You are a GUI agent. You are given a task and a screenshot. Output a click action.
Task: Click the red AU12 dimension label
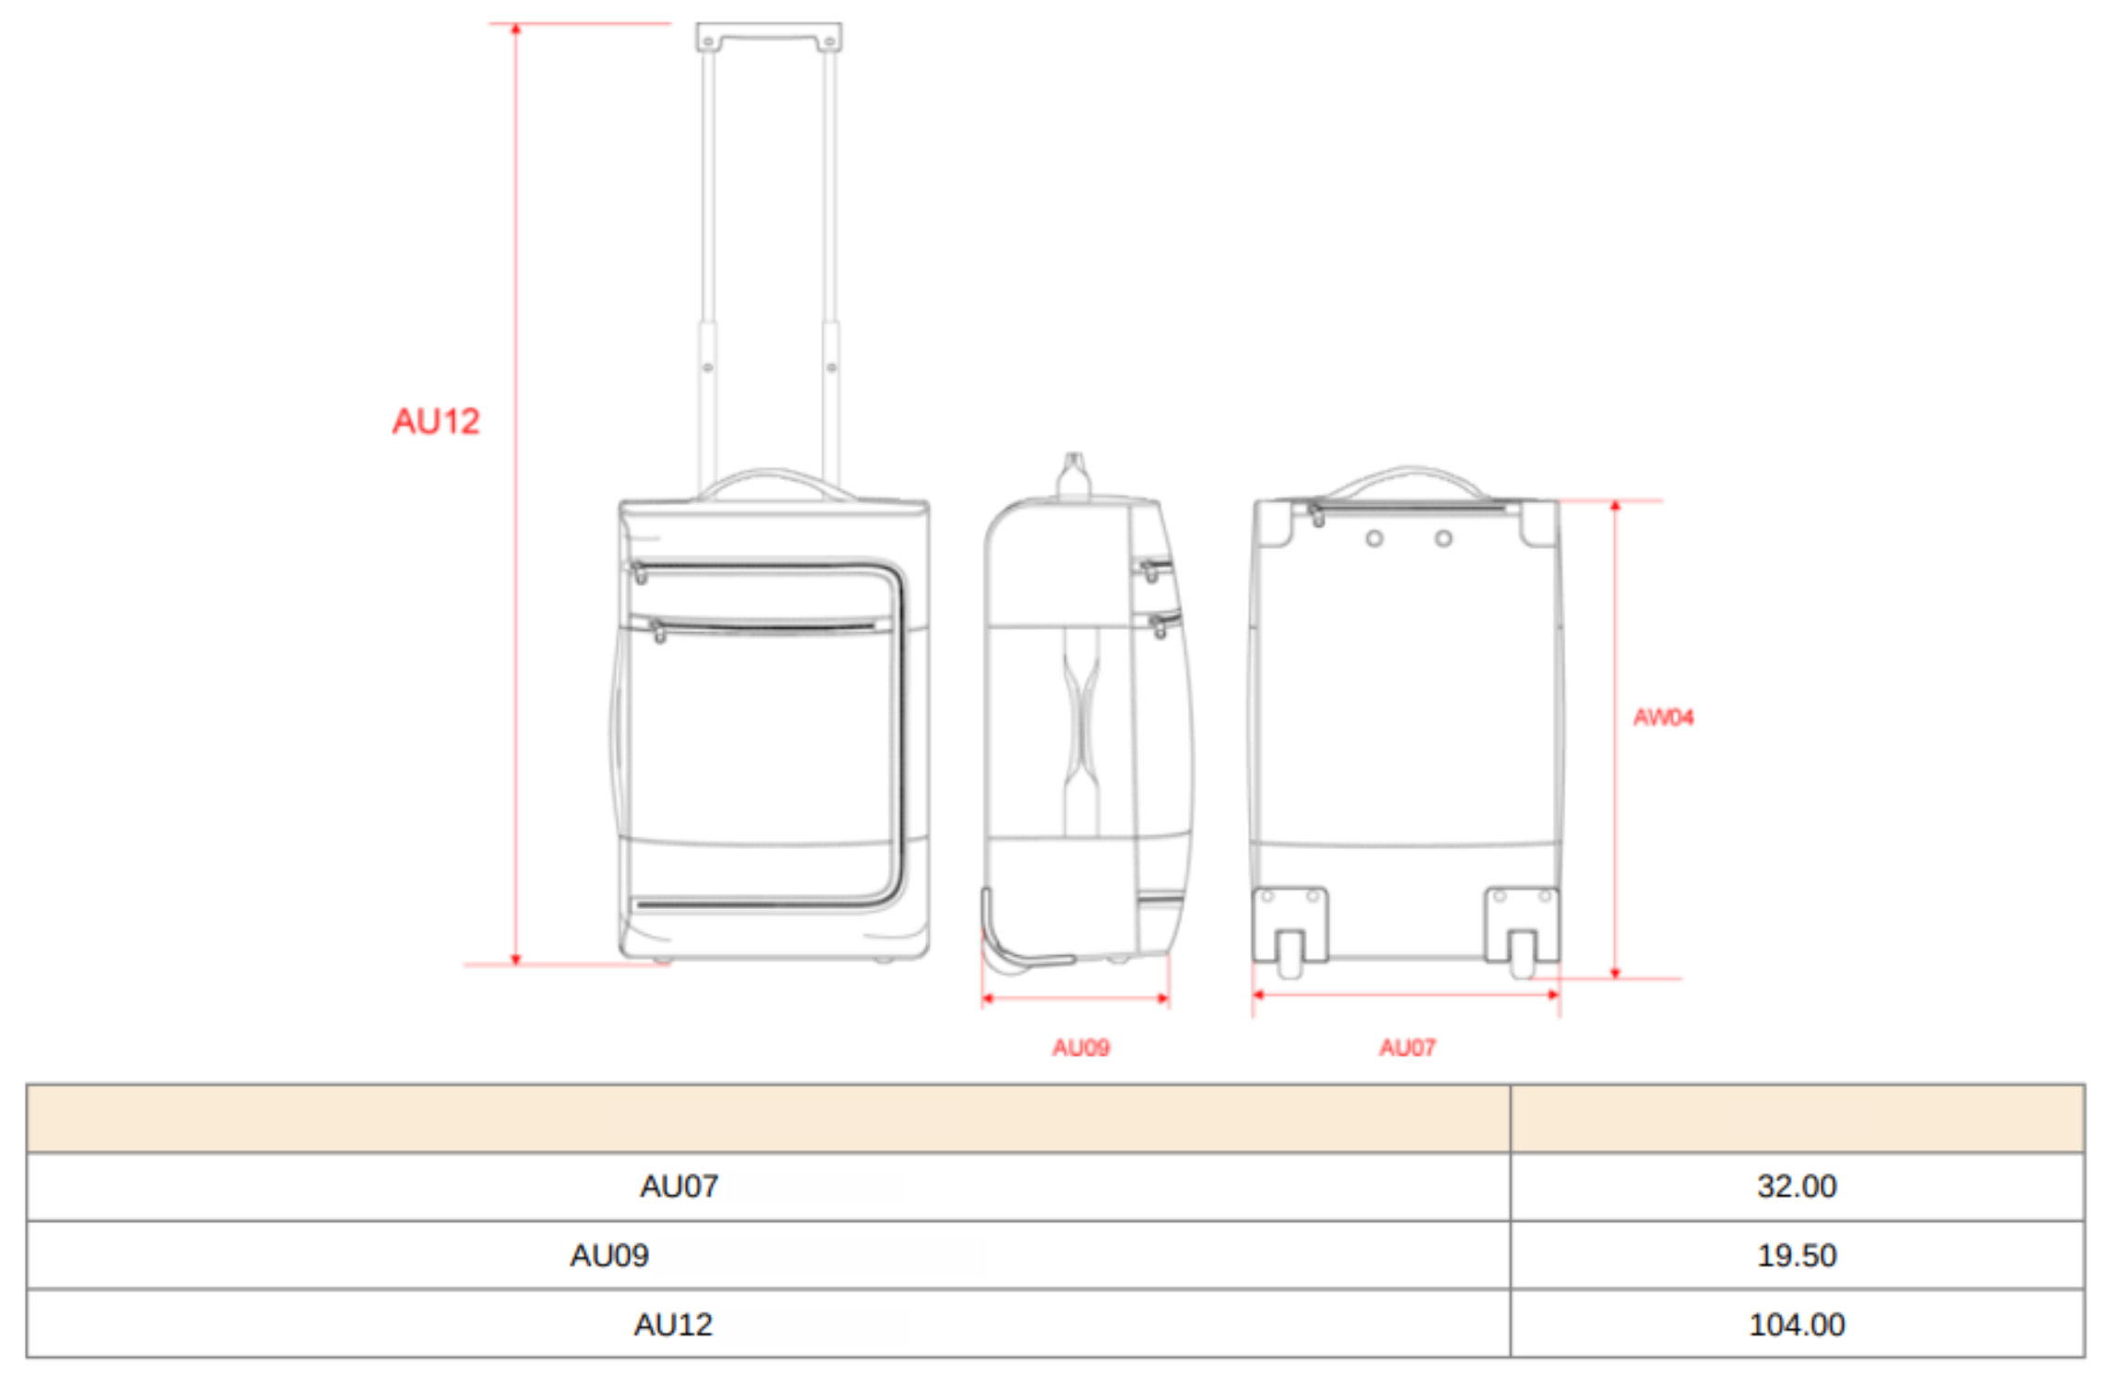click(436, 421)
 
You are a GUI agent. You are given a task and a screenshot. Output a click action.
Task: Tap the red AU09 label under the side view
click(1080, 1048)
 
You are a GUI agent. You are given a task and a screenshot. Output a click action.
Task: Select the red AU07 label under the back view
click(1407, 1048)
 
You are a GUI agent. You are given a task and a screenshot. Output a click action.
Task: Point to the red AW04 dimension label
click(1663, 717)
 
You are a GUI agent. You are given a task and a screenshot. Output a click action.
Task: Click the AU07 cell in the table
click(679, 1186)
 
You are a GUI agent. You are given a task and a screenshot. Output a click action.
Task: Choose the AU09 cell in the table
click(609, 1255)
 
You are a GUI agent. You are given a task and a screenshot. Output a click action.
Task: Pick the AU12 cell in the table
click(673, 1324)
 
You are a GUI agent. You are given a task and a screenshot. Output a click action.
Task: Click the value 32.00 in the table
click(1797, 1186)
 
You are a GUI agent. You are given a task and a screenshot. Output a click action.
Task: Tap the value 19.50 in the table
click(1797, 1255)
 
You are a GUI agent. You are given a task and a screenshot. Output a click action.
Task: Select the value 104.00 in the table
click(1797, 1324)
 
